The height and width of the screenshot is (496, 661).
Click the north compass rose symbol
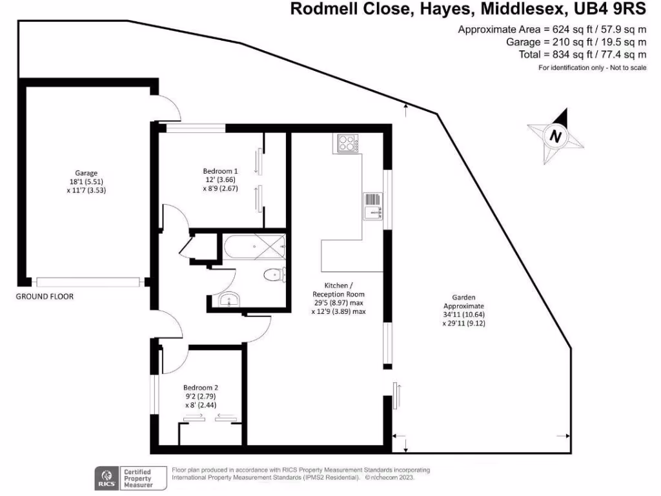click(x=556, y=137)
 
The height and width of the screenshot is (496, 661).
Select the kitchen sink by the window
click(x=373, y=207)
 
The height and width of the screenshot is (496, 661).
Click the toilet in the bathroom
click(x=274, y=275)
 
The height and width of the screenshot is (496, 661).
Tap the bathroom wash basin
click(x=227, y=299)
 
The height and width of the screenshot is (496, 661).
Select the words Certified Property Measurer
click(x=137, y=477)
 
